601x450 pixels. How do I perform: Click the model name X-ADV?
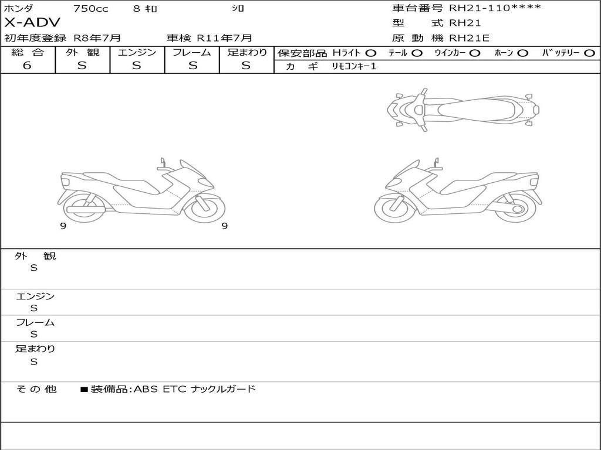pyautogui.click(x=32, y=23)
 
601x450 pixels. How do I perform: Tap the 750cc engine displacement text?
pyautogui.click(x=91, y=8)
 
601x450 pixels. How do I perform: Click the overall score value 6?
pyautogui.click(x=27, y=65)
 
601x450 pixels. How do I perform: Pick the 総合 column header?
pyautogui.click(x=28, y=52)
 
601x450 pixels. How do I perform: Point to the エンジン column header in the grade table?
pyautogui.click(x=137, y=52)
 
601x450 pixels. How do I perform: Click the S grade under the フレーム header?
pyautogui.click(x=193, y=66)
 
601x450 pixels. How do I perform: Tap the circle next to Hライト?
pyautogui.click(x=370, y=53)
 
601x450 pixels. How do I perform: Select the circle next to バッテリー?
pyautogui.click(x=589, y=53)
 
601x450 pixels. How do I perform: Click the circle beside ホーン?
pyautogui.click(x=522, y=53)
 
